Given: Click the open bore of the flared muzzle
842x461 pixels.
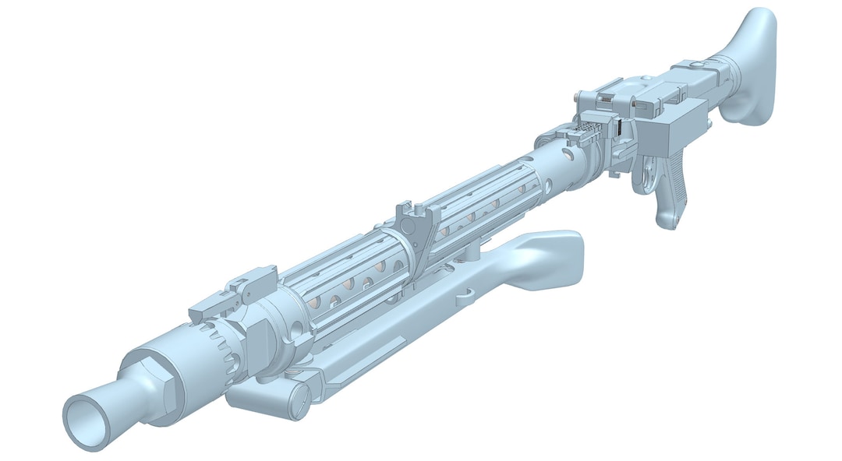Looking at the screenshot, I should point(86,421).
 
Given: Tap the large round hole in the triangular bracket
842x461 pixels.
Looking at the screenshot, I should point(422,233).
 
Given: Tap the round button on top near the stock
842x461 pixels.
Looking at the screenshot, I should point(645,77).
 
